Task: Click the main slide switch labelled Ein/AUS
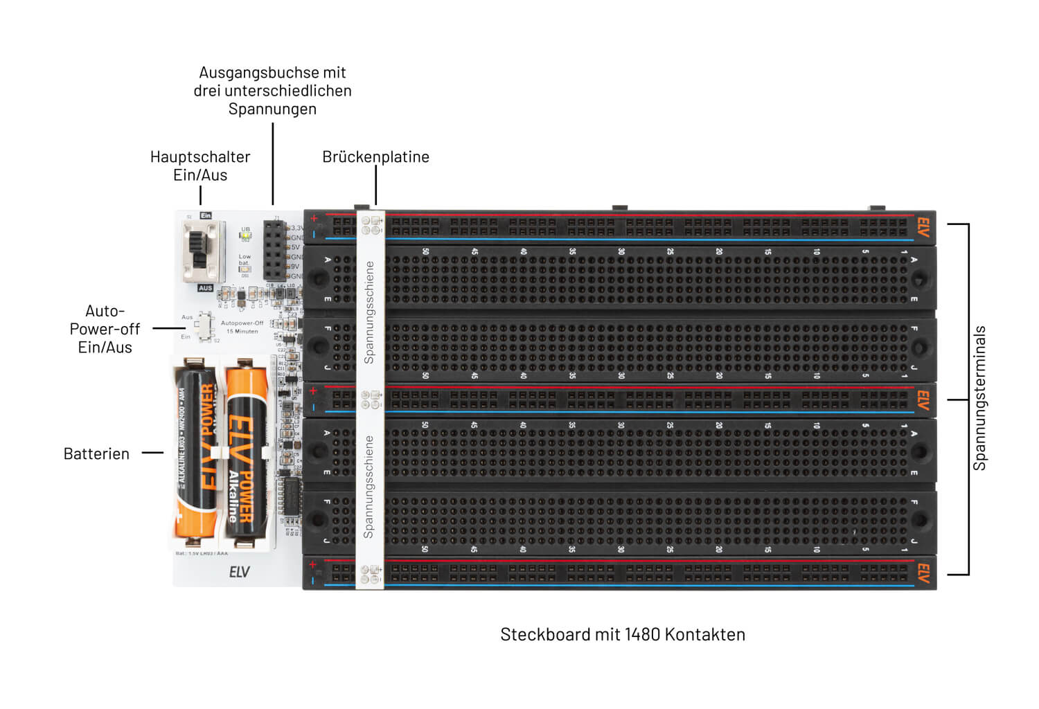(x=202, y=251)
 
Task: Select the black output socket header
(x=274, y=250)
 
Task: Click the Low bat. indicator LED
(x=245, y=269)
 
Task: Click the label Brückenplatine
(x=375, y=157)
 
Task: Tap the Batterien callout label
(x=96, y=454)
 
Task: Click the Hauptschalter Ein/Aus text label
(x=200, y=165)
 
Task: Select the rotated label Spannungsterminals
(x=979, y=398)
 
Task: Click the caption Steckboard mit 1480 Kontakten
(x=622, y=634)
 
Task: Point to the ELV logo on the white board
(x=239, y=572)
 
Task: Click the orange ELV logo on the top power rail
(x=923, y=227)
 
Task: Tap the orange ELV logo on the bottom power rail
(x=923, y=573)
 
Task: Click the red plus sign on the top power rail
(x=314, y=219)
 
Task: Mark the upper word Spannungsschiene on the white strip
(x=369, y=312)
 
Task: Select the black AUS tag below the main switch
(x=205, y=288)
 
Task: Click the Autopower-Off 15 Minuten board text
(x=242, y=327)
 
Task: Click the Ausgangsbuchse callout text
(x=272, y=91)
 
